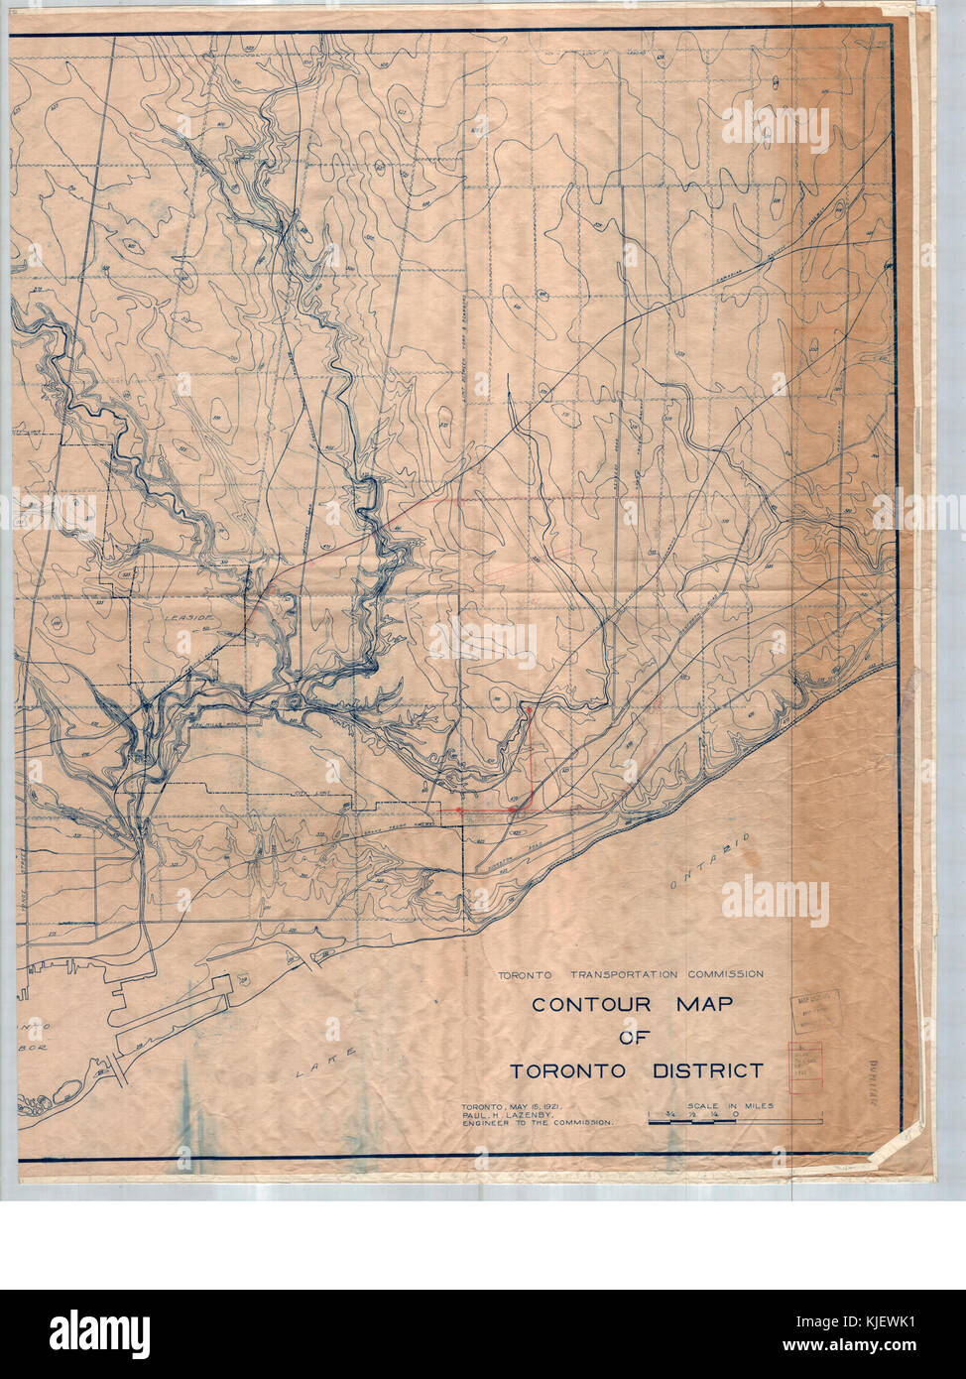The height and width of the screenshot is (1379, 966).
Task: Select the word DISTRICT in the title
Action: pos(707,1070)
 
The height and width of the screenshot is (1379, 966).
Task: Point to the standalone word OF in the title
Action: pos(634,1038)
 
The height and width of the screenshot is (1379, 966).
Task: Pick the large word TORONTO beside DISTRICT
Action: pos(567,1070)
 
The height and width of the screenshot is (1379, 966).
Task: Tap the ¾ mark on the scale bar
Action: pos(671,1114)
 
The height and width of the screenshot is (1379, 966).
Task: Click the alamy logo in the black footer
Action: pos(99,1333)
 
